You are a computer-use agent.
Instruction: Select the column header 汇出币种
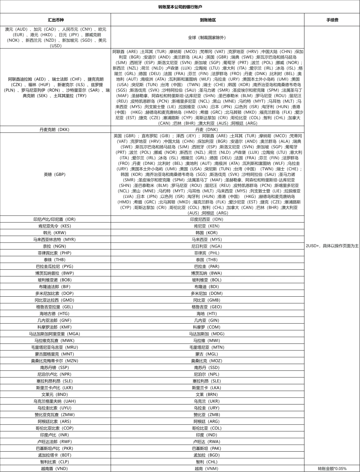[x=56, y=20]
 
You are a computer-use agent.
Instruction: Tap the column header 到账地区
[x=208, y=20]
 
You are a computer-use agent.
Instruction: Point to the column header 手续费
[x=332, y=20]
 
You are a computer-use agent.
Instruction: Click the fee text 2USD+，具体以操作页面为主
[x=332, y=246]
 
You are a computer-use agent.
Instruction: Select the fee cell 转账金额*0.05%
[x=332, y=469]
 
